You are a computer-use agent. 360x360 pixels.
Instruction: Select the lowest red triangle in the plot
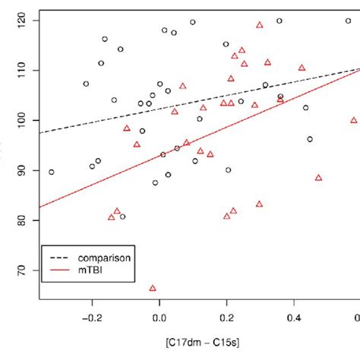click(153, 288)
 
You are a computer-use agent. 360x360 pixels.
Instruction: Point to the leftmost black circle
click(51, 172)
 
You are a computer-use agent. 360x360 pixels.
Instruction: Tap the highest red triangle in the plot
click(260, 24)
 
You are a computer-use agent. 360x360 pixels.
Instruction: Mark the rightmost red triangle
click(354, 120)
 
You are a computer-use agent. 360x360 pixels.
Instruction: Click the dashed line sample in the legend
click(58, 257)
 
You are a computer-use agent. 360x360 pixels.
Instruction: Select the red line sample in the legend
click(58, 270)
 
